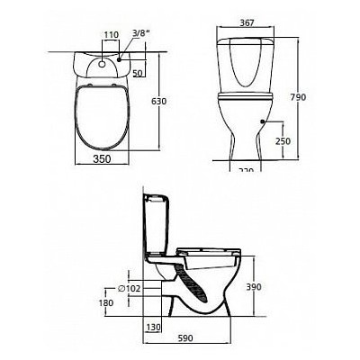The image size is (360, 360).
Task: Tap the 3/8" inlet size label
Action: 139,33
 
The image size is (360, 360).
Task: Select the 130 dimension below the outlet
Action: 153,328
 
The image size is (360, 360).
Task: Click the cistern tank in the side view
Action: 157,225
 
